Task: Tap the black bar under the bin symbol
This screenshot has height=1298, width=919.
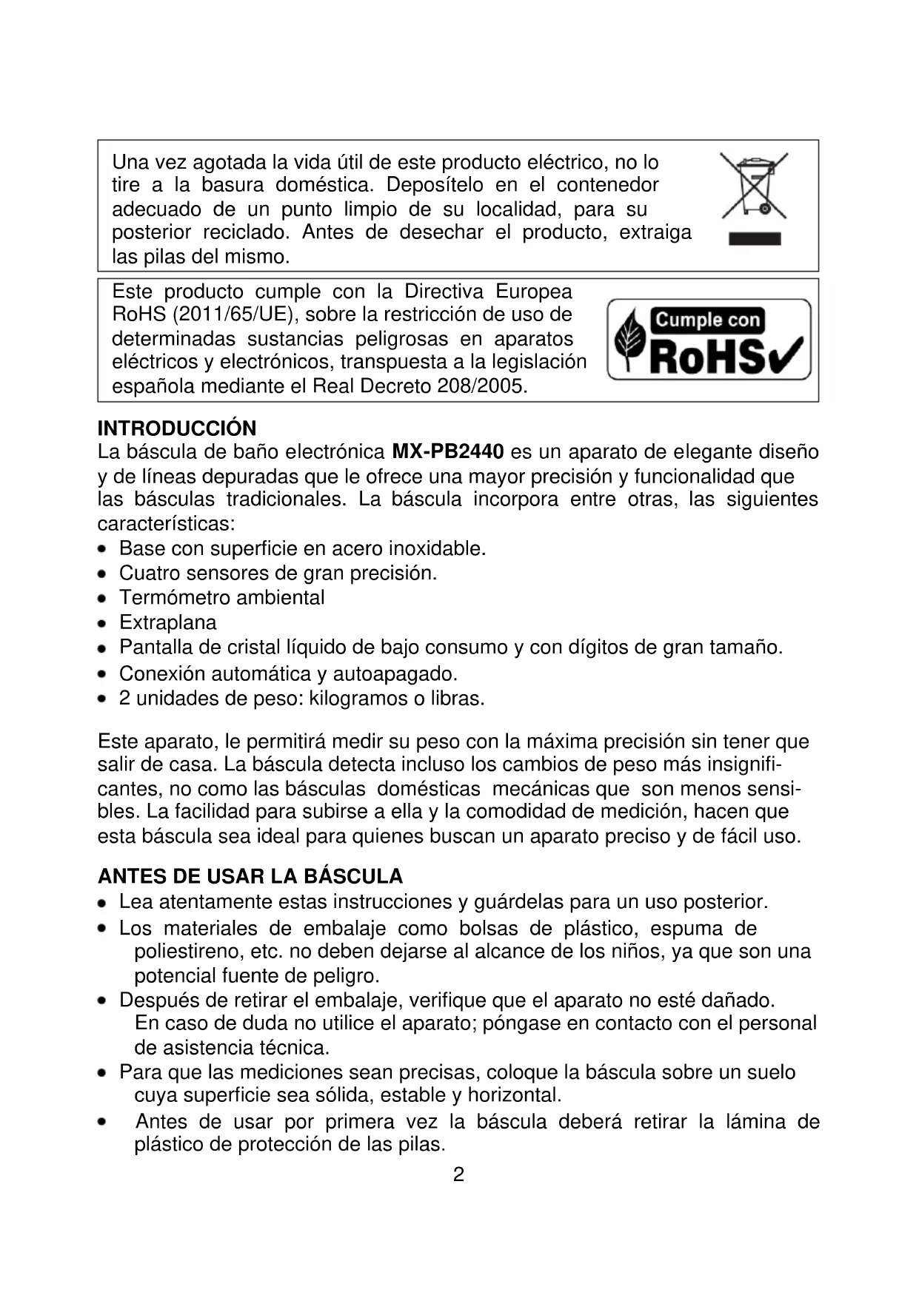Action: coord(755,238)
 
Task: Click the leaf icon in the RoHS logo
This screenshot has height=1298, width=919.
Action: coord(630,339)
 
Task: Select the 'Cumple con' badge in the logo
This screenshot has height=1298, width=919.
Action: coord(707,320)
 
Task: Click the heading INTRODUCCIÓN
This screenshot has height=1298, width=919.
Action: coord(177,428)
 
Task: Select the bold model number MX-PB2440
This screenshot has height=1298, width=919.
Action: coord(448,451)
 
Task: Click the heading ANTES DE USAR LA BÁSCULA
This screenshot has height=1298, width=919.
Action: coord(250,877)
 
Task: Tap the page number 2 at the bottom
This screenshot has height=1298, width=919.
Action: coord(458,1174)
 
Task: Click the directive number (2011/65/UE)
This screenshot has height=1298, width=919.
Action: coord(235,315)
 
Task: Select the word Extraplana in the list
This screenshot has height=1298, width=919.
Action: coord(168,622)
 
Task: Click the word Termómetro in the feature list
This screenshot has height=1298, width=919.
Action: coord(167,598)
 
